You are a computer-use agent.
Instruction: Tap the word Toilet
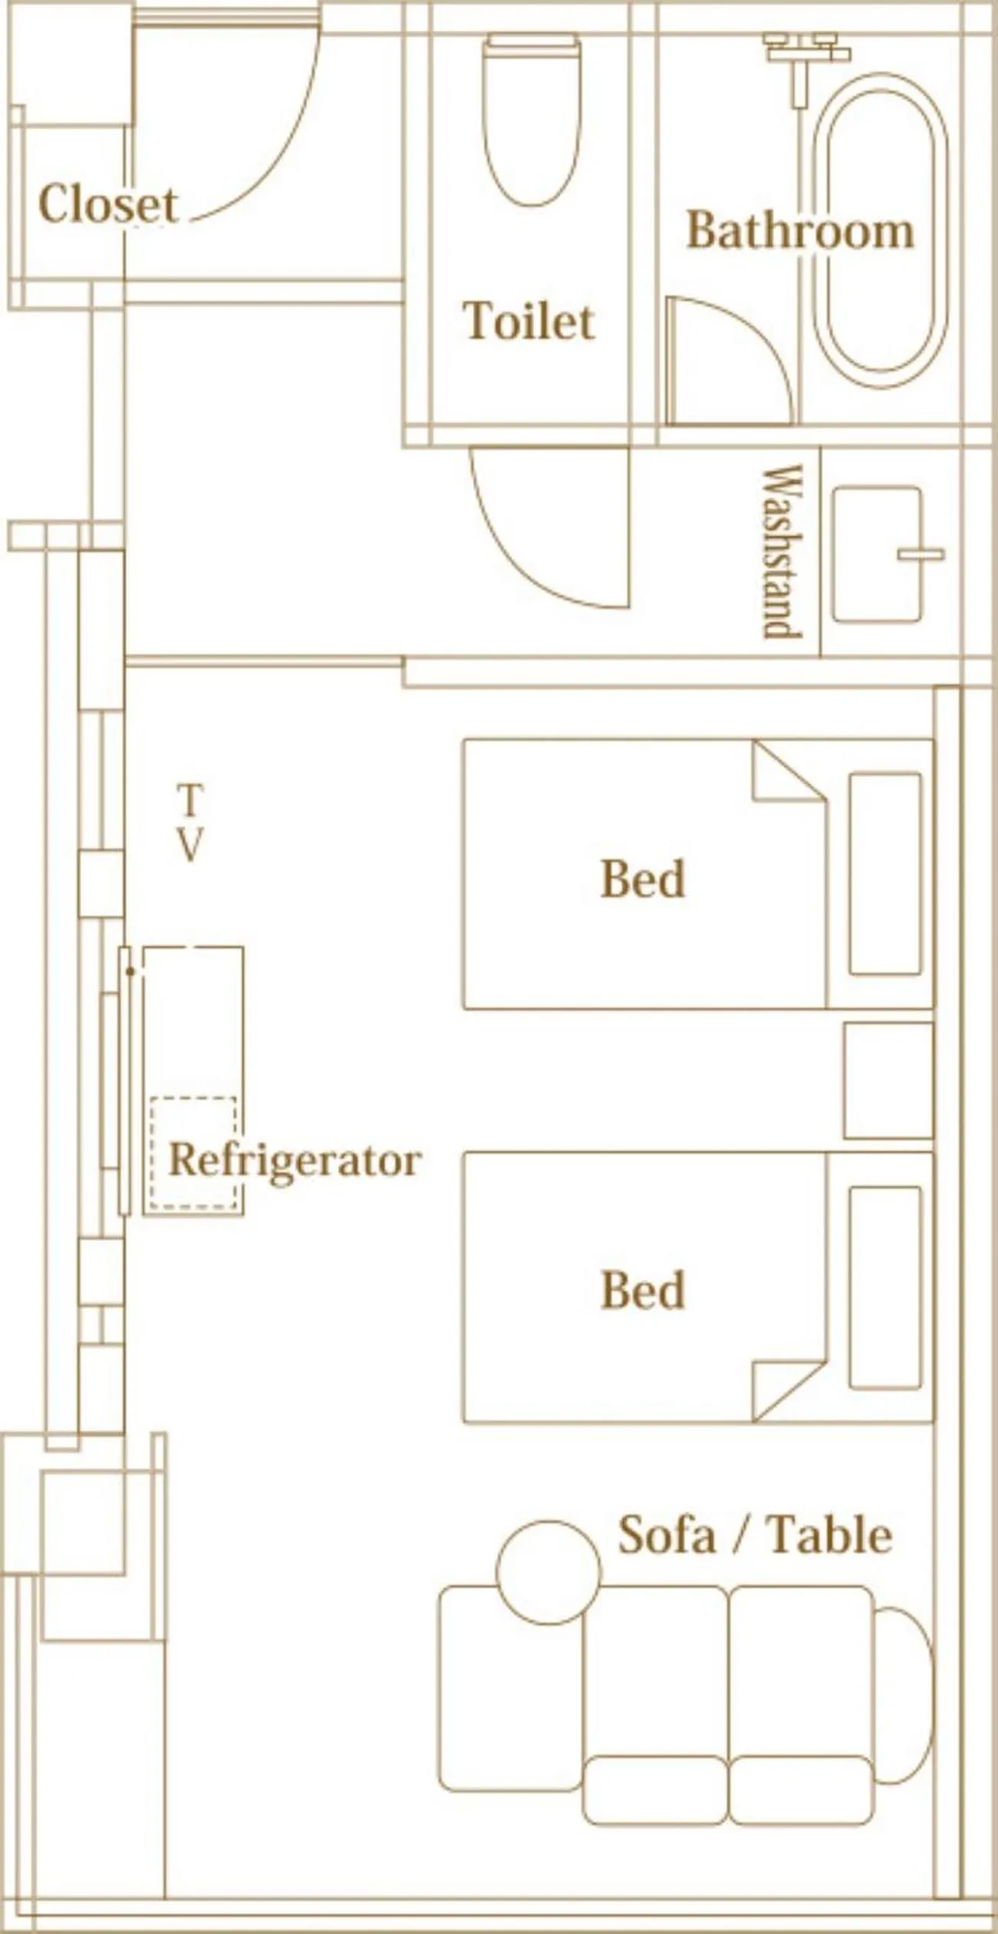(529, 320)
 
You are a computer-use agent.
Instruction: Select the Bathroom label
(800, 230)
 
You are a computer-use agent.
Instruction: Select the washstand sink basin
(877, 554)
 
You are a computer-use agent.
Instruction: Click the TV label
(190, 823)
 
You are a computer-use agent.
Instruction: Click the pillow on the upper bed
(884, 874)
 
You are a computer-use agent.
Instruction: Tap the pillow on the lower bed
(884, 1287)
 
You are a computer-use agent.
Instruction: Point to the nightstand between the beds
(888, 1080)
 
